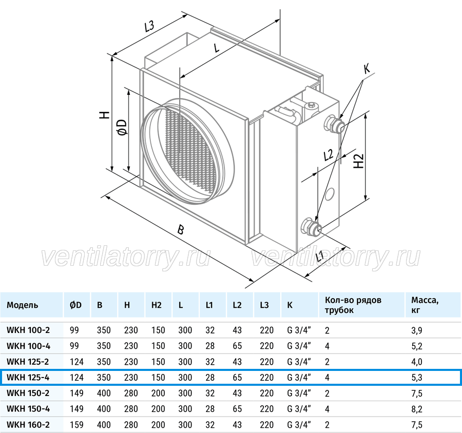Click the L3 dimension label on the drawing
pyautogui.click(x=149, y=26)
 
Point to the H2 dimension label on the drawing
pyautogui.click(x=359, y=161)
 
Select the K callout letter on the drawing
pyautogui.click(x=367, y=69)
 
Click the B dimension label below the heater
pyautogui.click(x=181, y=229)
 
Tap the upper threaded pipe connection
pyautogui.click(x=334, y=124)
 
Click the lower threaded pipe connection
pyautogui.click(x=311, y=226)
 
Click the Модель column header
pyautogui.click(x=23, y=305)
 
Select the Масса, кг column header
pyautogui.click(x=425, y=305)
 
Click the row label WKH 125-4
pyautogui.click(x=28, y=377)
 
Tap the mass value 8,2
pyautogui.click(x=417, y=409)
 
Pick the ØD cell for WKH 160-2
pyautogui.click(x=76, y=425)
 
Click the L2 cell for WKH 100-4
pyautogui.click(x=237, y=346)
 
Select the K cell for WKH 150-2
pyautogui.click(x=299, y=393)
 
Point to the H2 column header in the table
pyautogui.click(x=157, y=305)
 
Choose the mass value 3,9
pyautogui.click(x=417, y=330)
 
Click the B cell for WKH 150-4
pyautogui.click(x=104, y=409)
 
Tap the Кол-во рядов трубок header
pyautogui.click(x=353, y=305)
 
